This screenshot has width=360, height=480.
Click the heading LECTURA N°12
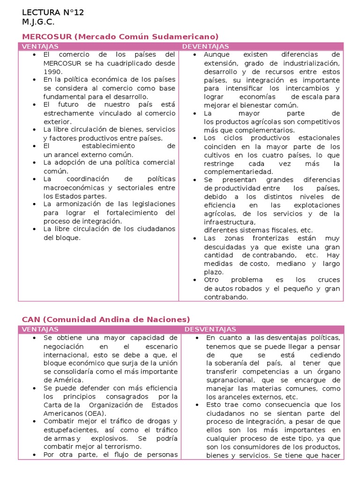pyautogui.click(x=53, y=13)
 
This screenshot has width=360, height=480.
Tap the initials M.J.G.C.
pyautogui.click(x=38, y=22)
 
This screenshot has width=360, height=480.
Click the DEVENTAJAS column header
pyautogui.click(x=205, y=46)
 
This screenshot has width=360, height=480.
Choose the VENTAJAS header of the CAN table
pyautogui.click(x=40, y=330)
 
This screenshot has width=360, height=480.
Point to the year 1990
pyautogui.click(x=52, y=71)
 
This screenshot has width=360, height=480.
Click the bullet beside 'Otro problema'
pyautogui.click(x=195, y=280)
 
